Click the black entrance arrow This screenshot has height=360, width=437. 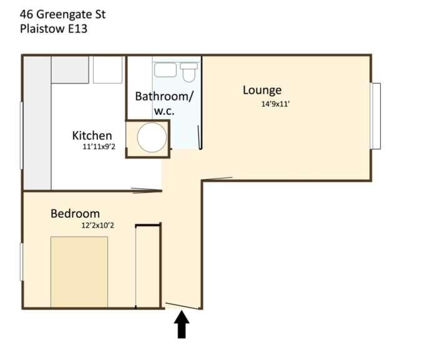point(182,325)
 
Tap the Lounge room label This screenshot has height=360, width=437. point(262,90)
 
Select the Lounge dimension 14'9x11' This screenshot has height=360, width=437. point(276,104)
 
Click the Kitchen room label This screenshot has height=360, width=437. point(92,135)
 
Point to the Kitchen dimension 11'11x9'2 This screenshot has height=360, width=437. point(99,147)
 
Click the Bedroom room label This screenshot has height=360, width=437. point(76,214)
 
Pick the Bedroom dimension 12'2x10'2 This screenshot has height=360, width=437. point(97,225)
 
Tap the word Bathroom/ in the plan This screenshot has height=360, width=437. point(164,97)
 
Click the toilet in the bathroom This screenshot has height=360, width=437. point(189,72)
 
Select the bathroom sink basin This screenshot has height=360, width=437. point(165,70)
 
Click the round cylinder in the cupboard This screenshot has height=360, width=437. point(152,137)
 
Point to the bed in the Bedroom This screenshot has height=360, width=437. point(79,272)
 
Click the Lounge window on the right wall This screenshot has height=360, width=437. point(376,116)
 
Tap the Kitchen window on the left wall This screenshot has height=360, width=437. point(21,135)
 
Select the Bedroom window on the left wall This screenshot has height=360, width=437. point(21,261)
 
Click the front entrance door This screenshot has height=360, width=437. point(182,306)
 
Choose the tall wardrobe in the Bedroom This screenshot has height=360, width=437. point(147,266)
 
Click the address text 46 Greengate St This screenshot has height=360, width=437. point(62,14)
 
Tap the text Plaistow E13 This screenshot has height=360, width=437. point(54,29)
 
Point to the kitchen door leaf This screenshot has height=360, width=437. point(147,190)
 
